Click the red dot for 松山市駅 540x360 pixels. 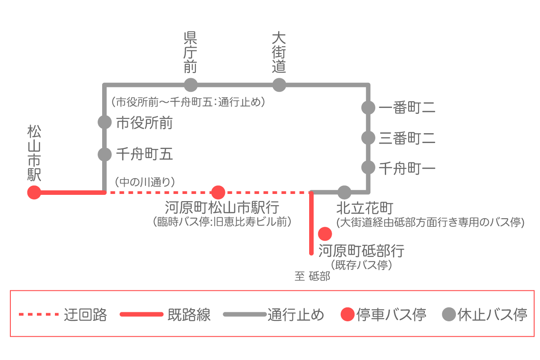click(34, 193)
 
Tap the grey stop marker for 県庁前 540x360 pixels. click(191, 85)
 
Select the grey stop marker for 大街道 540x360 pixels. click(279, 85)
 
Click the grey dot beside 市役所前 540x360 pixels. click(104, 122)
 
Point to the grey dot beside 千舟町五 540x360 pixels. click(104, 154)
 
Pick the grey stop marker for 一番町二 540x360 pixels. click(369, 108)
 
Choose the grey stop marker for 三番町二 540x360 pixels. click(369, 138)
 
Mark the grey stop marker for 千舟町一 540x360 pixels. click(369, 168)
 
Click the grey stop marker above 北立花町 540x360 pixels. click(344, 193)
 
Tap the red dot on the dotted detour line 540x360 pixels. click(218, 193)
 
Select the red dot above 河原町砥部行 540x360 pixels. click(325, 234)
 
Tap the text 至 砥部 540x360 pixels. click(312, 276)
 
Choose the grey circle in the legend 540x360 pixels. click(449, 314)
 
